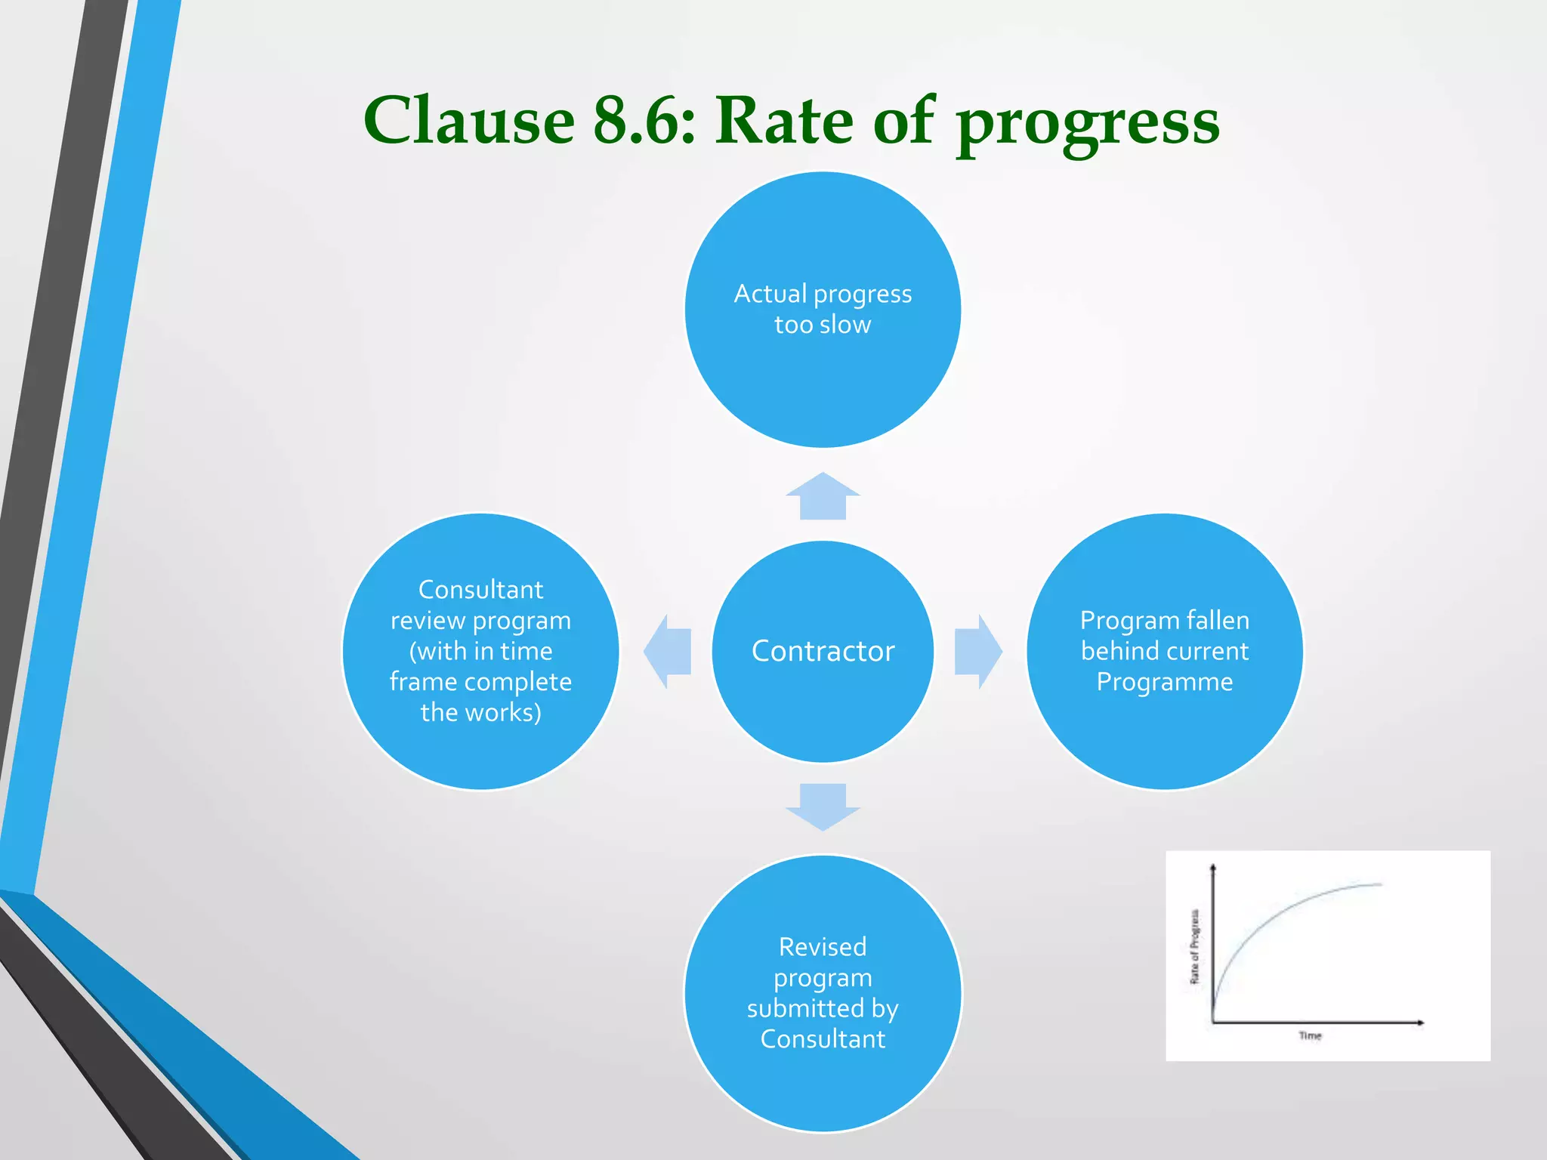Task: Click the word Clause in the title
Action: [x=468, y=121]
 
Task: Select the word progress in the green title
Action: [x=1088, y=125]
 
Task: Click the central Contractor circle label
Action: [x=823, y=651]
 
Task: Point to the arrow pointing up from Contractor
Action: [x=823, y=496]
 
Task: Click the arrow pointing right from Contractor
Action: [x=978, y=651]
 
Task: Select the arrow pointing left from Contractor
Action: [x=667, y=651]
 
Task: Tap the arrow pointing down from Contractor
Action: [x=823, y=807]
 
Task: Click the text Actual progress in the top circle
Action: [x=823, y=294]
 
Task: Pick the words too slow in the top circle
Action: [x=823, y=325]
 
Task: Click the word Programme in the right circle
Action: [x=1164, y=682]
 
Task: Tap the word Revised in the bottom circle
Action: [x=823, y=947]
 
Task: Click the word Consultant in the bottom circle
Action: [x=823, y=1039]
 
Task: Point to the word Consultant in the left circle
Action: [x=480, y=589]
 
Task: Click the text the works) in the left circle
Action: [x=480, y=712]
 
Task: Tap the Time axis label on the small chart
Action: [x=1310, y=1035]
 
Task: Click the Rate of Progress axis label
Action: [x=1194, y=946]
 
